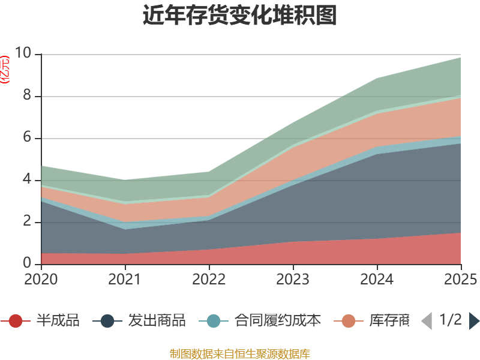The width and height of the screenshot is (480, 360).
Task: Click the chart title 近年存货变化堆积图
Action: pyautogui.click(x=240, y=16)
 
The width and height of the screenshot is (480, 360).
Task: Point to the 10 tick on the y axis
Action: pyautogui.click(x=23, y=54)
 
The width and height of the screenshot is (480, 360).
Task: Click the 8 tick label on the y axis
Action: pyautogui.click(x=27, y=96)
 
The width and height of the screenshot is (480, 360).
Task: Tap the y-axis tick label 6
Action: pyautogui.click(x=27, y=138)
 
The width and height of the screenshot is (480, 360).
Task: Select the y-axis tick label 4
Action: pyautogui.click(x=27, y=180)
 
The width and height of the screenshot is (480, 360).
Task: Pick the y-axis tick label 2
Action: pyautogui.click(x=27, y=222)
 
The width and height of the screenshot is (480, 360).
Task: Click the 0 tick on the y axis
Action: pyautogui.click(x=27, y=263)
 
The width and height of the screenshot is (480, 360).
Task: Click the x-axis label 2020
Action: pyautogui.click(x=41, y=279)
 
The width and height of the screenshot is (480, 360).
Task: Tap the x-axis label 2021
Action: pyautogui.click(x=125, y=279)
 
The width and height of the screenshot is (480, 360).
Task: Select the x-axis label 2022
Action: pyautogui.click(x=209, y=279)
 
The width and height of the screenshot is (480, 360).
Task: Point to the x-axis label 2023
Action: pyautogui.click(x=293, y=279)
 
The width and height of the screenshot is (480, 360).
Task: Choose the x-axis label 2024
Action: pyautogui.click(x=377, y=279)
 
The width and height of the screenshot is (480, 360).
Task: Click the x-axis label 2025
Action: pyautogui.click(x=461, y=279)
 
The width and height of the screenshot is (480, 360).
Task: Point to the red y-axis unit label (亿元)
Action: pyautogui.click(x=5, y=70)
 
